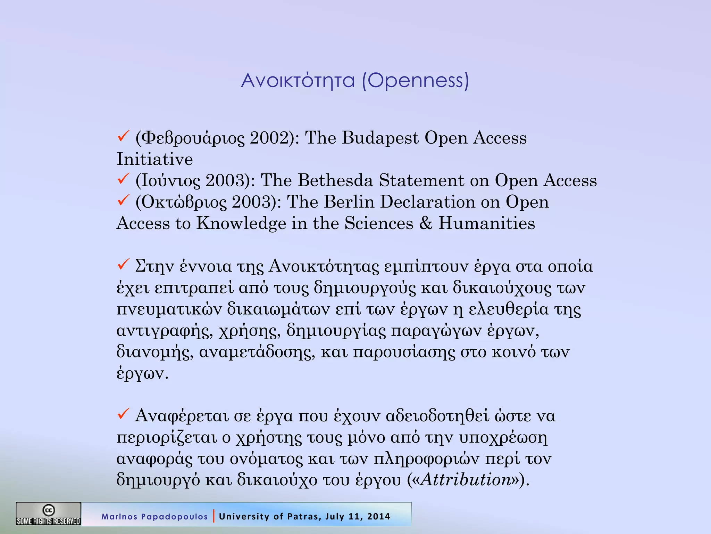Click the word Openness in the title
pos(415,81)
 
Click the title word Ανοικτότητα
pos(298,81)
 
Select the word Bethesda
pos(335,180)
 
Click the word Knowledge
pos(241,223)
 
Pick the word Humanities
pos(486,223)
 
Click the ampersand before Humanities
pos(426,223)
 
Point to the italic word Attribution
pos(466,480)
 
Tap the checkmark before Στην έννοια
pos(123,265)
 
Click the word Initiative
pos(154,159)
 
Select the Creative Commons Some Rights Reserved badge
pos(48,513)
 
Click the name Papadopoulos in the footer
pos(174,517)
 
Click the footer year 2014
pos(378,517)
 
